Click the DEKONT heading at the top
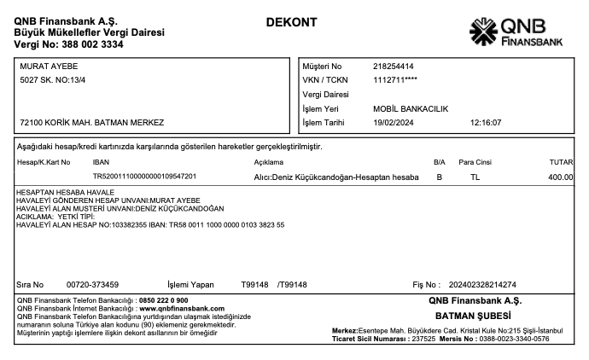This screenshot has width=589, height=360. point(291,20)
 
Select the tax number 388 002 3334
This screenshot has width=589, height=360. point(85,44)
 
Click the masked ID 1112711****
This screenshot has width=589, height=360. point(395,80)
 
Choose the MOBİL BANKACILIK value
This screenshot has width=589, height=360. point(411,108)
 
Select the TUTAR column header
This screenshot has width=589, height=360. point(561,161)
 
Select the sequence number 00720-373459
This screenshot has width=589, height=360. point(92,284)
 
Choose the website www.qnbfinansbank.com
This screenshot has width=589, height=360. point(182,308)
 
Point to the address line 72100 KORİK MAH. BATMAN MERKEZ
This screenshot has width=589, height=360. point(91,122)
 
